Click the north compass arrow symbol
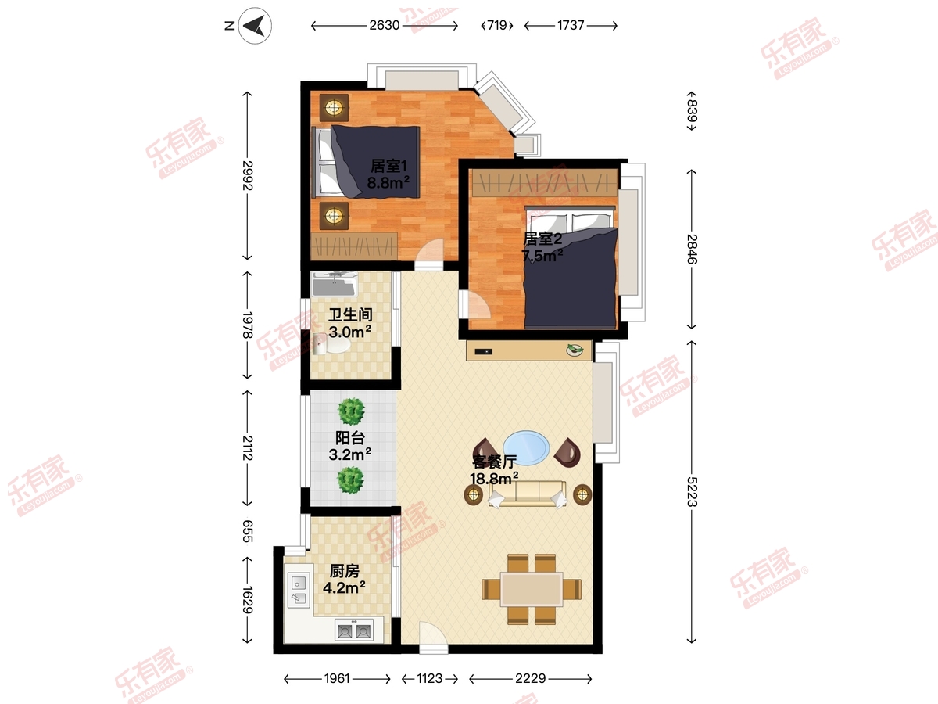pos(255,26)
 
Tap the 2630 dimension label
pos(384,26)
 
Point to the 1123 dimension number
pos(429,678)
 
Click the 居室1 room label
pos(388,167)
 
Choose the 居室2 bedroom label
pos(542,239)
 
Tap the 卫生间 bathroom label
pos(350,315)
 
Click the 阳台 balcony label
pos(350,438)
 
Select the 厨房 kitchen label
pos(344,571)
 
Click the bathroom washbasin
pos(335,284)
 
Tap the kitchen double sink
pos(299,591)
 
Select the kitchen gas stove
pos(354,630)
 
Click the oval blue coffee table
pos(526,448)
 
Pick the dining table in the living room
pos(532,590)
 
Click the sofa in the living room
pos(528,494)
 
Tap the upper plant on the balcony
pos(351,411)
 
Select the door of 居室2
pos(478,304)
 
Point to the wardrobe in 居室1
pos(354,246)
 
